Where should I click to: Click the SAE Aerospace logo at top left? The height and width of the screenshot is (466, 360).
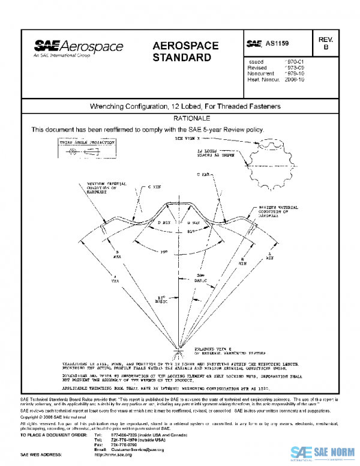pyautogui.click(x=79, y=47)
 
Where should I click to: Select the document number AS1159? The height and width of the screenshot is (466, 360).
pyautogui.click(x=269, y=44)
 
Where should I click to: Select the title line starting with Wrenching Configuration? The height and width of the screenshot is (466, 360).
pyautogui.click(x=185, y=106)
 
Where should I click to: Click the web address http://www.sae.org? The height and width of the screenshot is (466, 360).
pyautogui.click(x=113, y=455)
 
